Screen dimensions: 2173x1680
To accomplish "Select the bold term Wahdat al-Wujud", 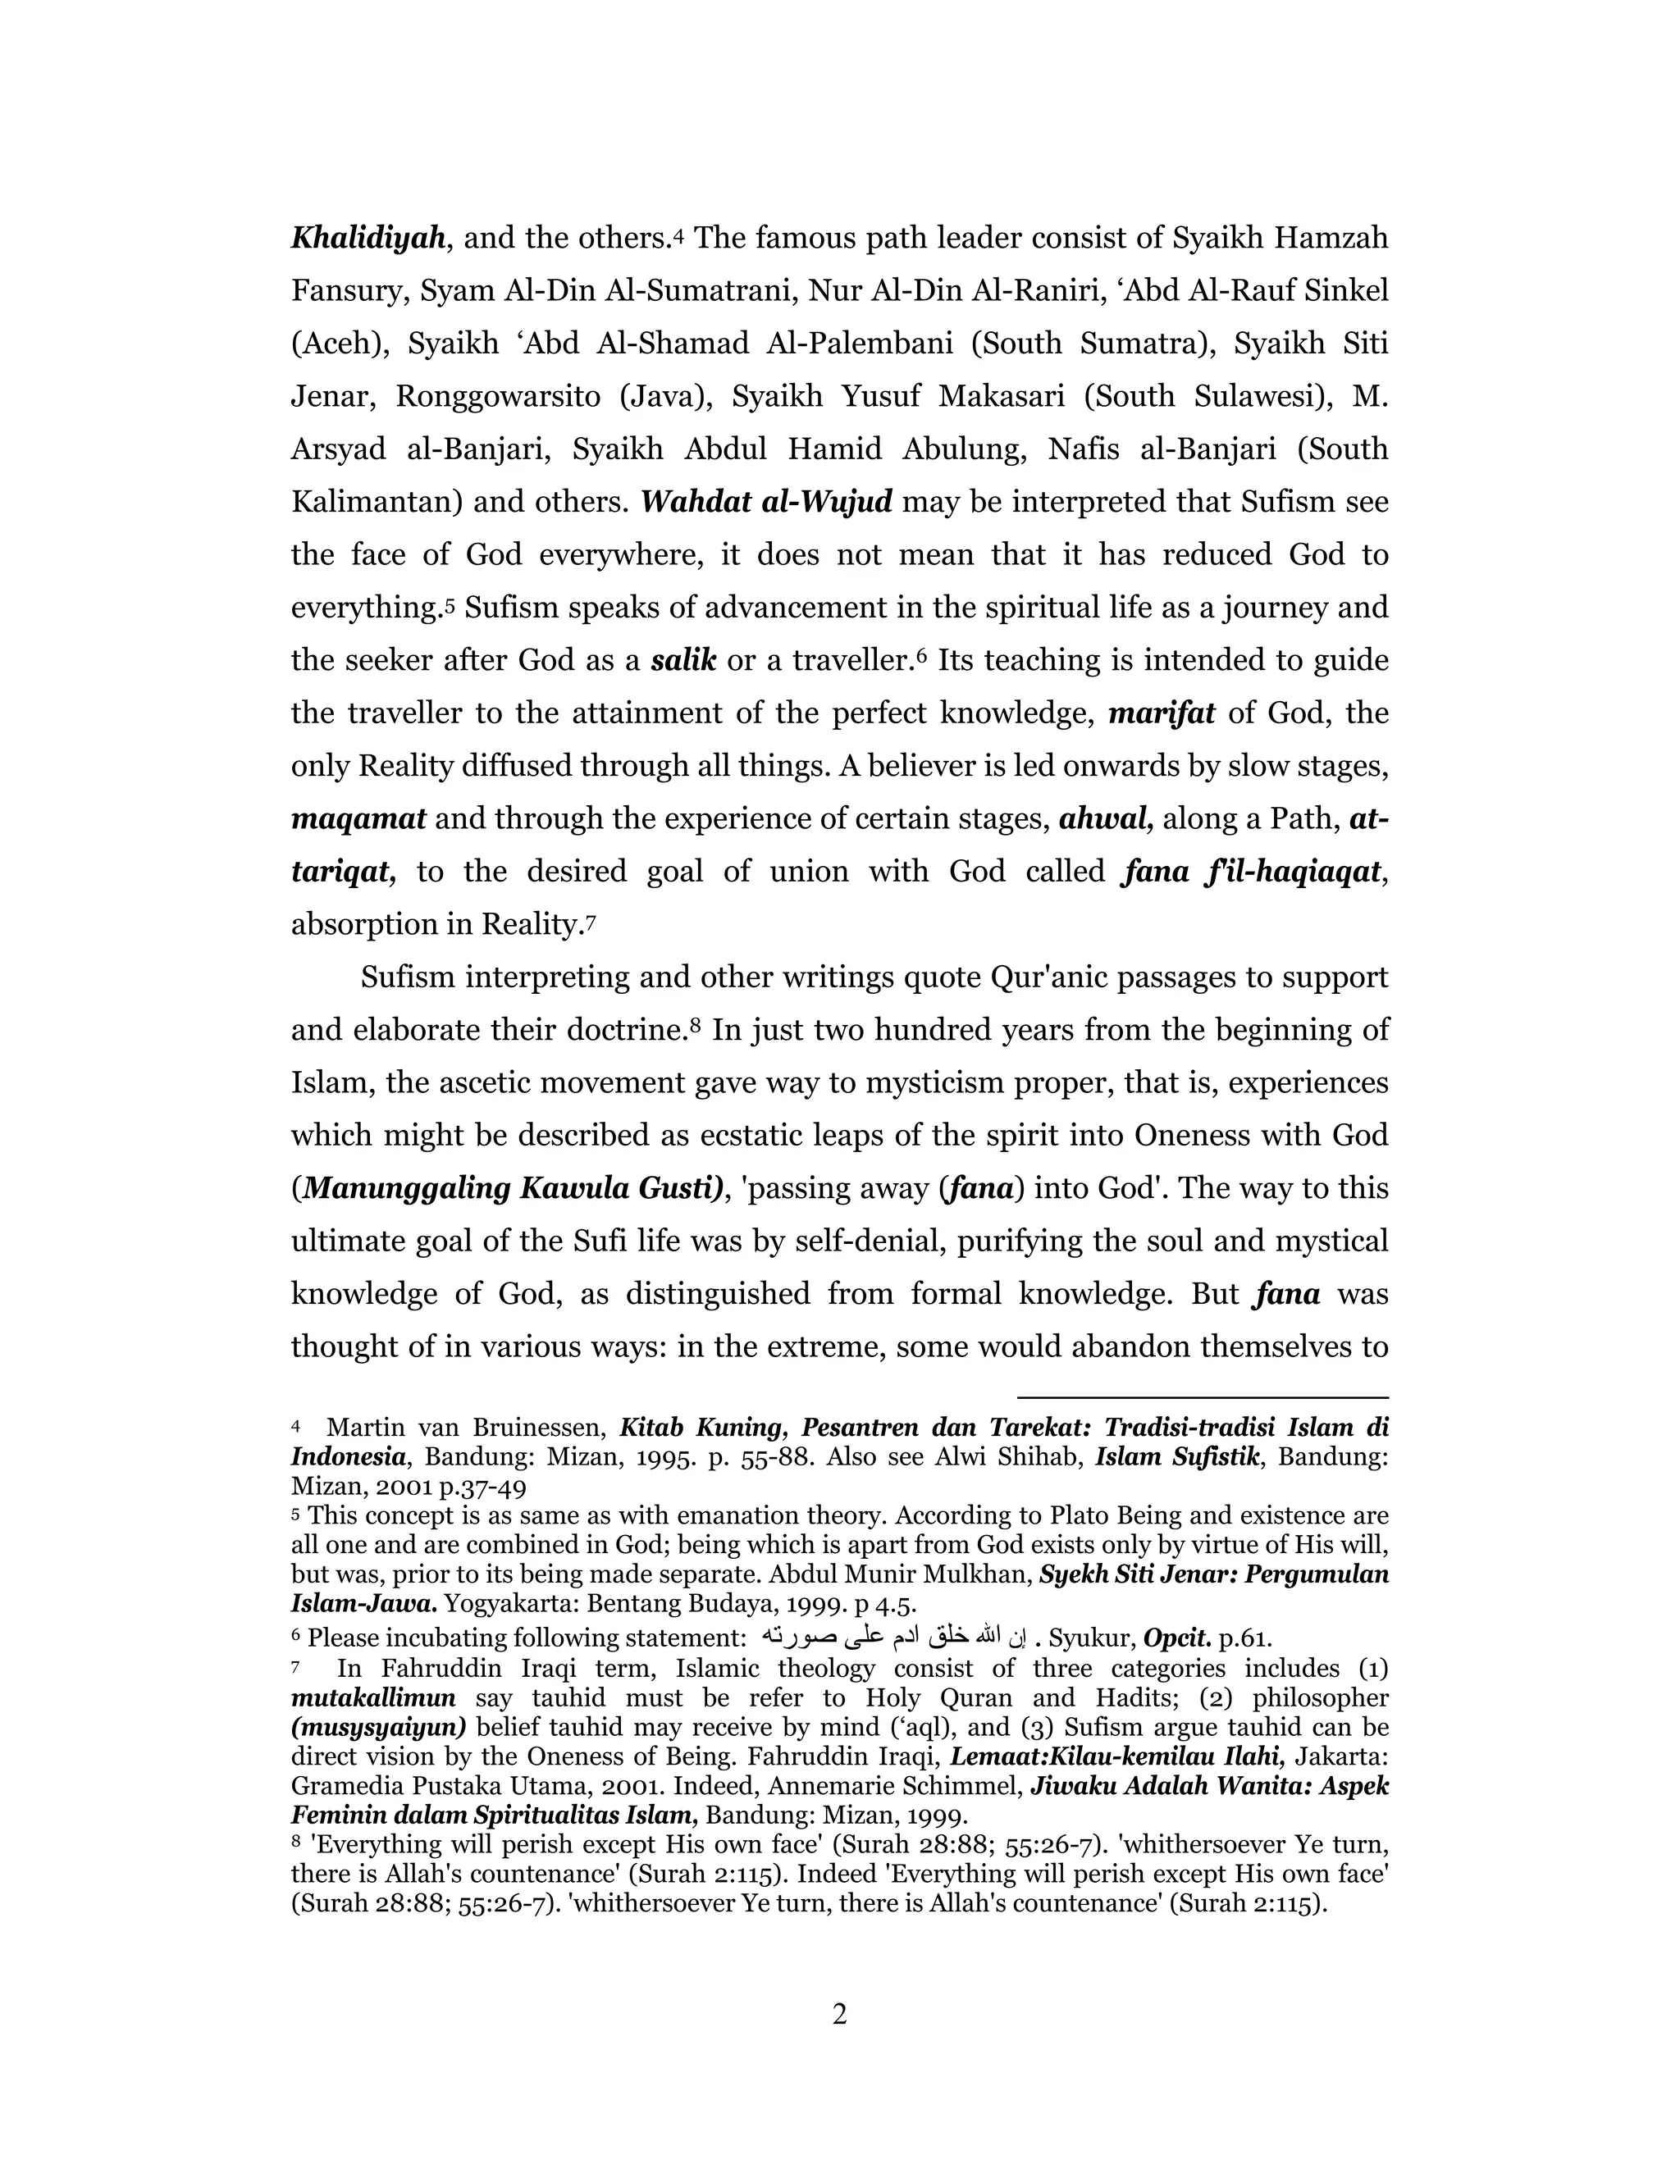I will coord(766,502).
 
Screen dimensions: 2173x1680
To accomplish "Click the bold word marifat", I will coord(1162,713).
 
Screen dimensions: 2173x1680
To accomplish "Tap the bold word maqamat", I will coord(358,819).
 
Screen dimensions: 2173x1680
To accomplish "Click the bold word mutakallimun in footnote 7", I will coord(373,1697).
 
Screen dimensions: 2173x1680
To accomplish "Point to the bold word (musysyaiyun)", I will coord(379,1726).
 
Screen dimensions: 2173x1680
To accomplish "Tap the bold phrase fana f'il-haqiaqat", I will coord(1252,872).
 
